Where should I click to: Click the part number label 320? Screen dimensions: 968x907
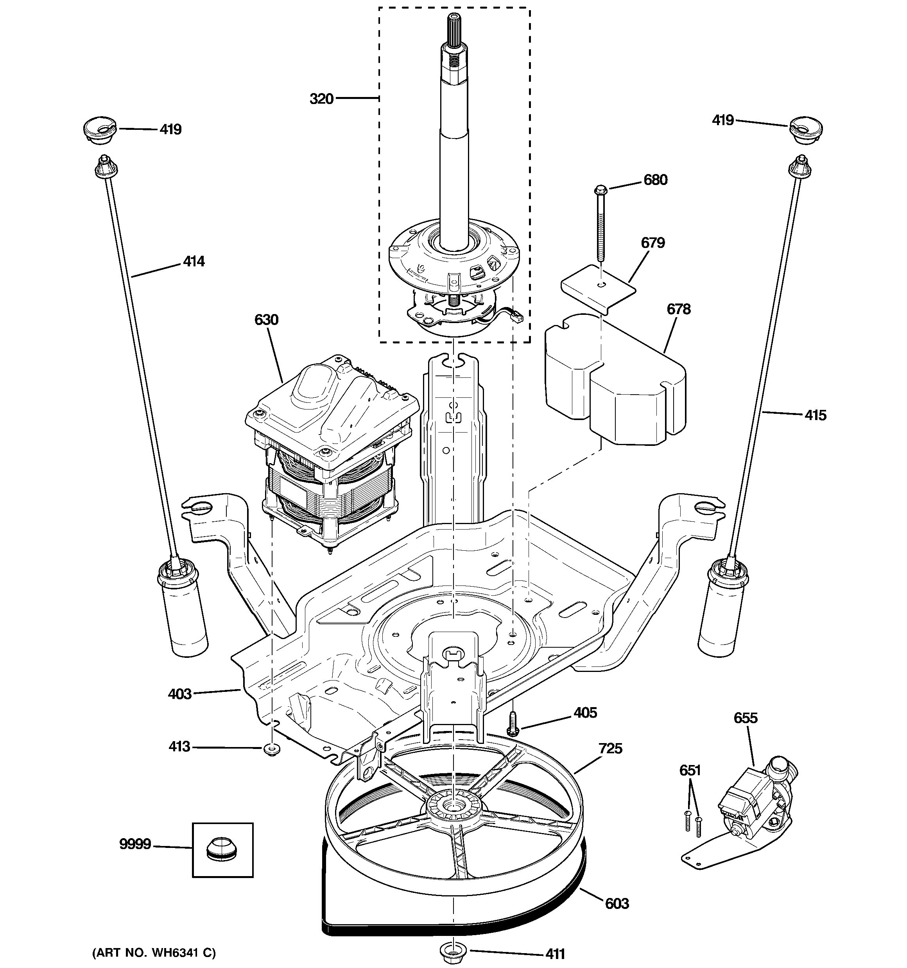(321, 99)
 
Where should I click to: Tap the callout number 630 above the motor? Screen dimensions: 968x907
(266, 320)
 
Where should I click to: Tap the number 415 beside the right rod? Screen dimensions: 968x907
(815, 415)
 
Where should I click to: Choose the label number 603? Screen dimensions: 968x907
(617, 904)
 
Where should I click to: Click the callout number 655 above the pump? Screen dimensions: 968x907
(746, 718)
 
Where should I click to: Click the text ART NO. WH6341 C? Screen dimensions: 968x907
(154, 952)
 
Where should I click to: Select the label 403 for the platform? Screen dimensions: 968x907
(180, 694)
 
